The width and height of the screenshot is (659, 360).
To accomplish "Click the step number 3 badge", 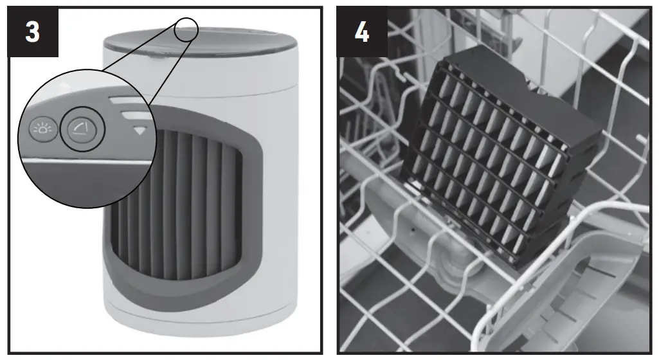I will coord(32,32).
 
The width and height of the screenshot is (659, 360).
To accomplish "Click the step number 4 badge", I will coord(362,32).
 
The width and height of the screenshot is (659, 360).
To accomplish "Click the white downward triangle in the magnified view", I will coord(139,130).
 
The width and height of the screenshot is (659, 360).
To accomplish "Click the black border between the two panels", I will coord(329,180).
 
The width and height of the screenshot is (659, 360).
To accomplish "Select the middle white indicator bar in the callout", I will coord(132,115).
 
